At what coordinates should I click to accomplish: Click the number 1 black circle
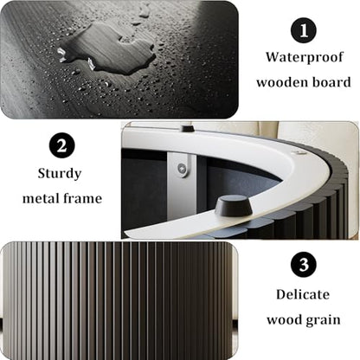304,29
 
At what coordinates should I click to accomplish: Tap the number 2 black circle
61,145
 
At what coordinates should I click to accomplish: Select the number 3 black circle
304,264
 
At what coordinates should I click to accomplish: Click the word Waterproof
305,58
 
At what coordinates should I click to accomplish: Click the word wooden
280,82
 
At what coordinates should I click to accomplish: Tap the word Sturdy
60,174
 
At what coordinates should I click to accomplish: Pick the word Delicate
303,294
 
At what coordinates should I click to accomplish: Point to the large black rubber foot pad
234,205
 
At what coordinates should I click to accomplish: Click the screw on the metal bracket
182,167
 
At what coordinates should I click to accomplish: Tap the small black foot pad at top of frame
188,128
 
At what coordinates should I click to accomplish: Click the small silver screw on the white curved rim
297,151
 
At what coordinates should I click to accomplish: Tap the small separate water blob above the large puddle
144,13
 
